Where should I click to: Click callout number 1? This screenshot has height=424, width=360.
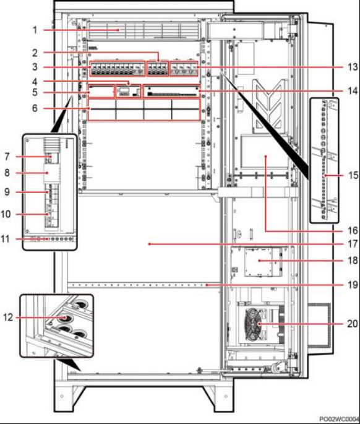click(x=35, y=30)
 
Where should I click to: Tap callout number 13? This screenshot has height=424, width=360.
click(x=353, y=67)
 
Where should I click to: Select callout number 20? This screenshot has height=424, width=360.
click(x=353, y=323)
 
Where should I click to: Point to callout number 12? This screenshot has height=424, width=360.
click(x=8, y=317)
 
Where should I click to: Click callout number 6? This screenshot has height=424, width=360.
click(x=35, y=108)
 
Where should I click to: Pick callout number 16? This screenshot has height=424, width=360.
click(x=353, y=230)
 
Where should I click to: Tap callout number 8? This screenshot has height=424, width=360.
click(x=7, y=173)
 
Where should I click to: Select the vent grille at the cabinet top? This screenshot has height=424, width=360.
click(x=144, y=30)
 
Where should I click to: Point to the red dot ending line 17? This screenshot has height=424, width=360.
click(x=149, y=244)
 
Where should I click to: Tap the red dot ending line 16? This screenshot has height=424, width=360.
click(x=266, y=156)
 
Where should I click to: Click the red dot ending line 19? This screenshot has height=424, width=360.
click(x=207, y=285)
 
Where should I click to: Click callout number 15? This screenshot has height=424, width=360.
click(x=353, y=175)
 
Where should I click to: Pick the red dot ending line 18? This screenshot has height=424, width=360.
click(x=259, y=261)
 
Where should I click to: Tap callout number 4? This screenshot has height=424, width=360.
click(x=35, y=82)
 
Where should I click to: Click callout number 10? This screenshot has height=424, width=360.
click(x=6, y=214)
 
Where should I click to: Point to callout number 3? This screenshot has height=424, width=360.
click(x=35, y=67)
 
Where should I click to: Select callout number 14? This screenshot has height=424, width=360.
click(x=353, y=91)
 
